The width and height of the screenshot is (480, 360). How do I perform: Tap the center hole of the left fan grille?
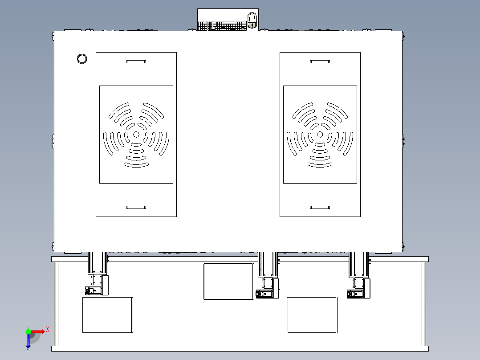point(136,135)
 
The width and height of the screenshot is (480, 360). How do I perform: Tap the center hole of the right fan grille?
point(320,135)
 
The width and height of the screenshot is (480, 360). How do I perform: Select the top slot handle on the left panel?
point(136,61)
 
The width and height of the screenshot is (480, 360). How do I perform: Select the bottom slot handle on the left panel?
point(136,208)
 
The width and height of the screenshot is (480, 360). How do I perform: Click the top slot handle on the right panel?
point(320,61)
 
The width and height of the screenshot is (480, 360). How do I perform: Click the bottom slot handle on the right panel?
point(320,208)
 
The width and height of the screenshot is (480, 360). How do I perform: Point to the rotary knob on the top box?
point(252,20)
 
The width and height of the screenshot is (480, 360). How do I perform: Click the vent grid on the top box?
point(222,26)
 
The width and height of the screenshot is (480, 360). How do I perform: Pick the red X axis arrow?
point(37,331)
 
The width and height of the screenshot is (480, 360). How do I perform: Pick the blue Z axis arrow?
point(28,341)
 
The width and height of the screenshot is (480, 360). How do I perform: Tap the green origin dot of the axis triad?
point(28,331)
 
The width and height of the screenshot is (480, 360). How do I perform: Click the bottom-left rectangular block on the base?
point(108,315)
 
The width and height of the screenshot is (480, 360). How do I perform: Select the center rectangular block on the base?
point(229,281)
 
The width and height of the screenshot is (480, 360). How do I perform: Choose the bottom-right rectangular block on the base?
point(312,315)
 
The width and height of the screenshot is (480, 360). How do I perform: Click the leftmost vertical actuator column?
point(98,263)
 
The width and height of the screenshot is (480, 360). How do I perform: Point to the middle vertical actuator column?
point(268,264)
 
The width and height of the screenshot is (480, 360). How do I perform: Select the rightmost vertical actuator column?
point(358,264)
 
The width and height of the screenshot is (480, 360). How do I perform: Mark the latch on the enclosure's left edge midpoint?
point(53,141)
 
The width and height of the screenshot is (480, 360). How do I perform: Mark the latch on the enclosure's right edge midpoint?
point(403,141)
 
